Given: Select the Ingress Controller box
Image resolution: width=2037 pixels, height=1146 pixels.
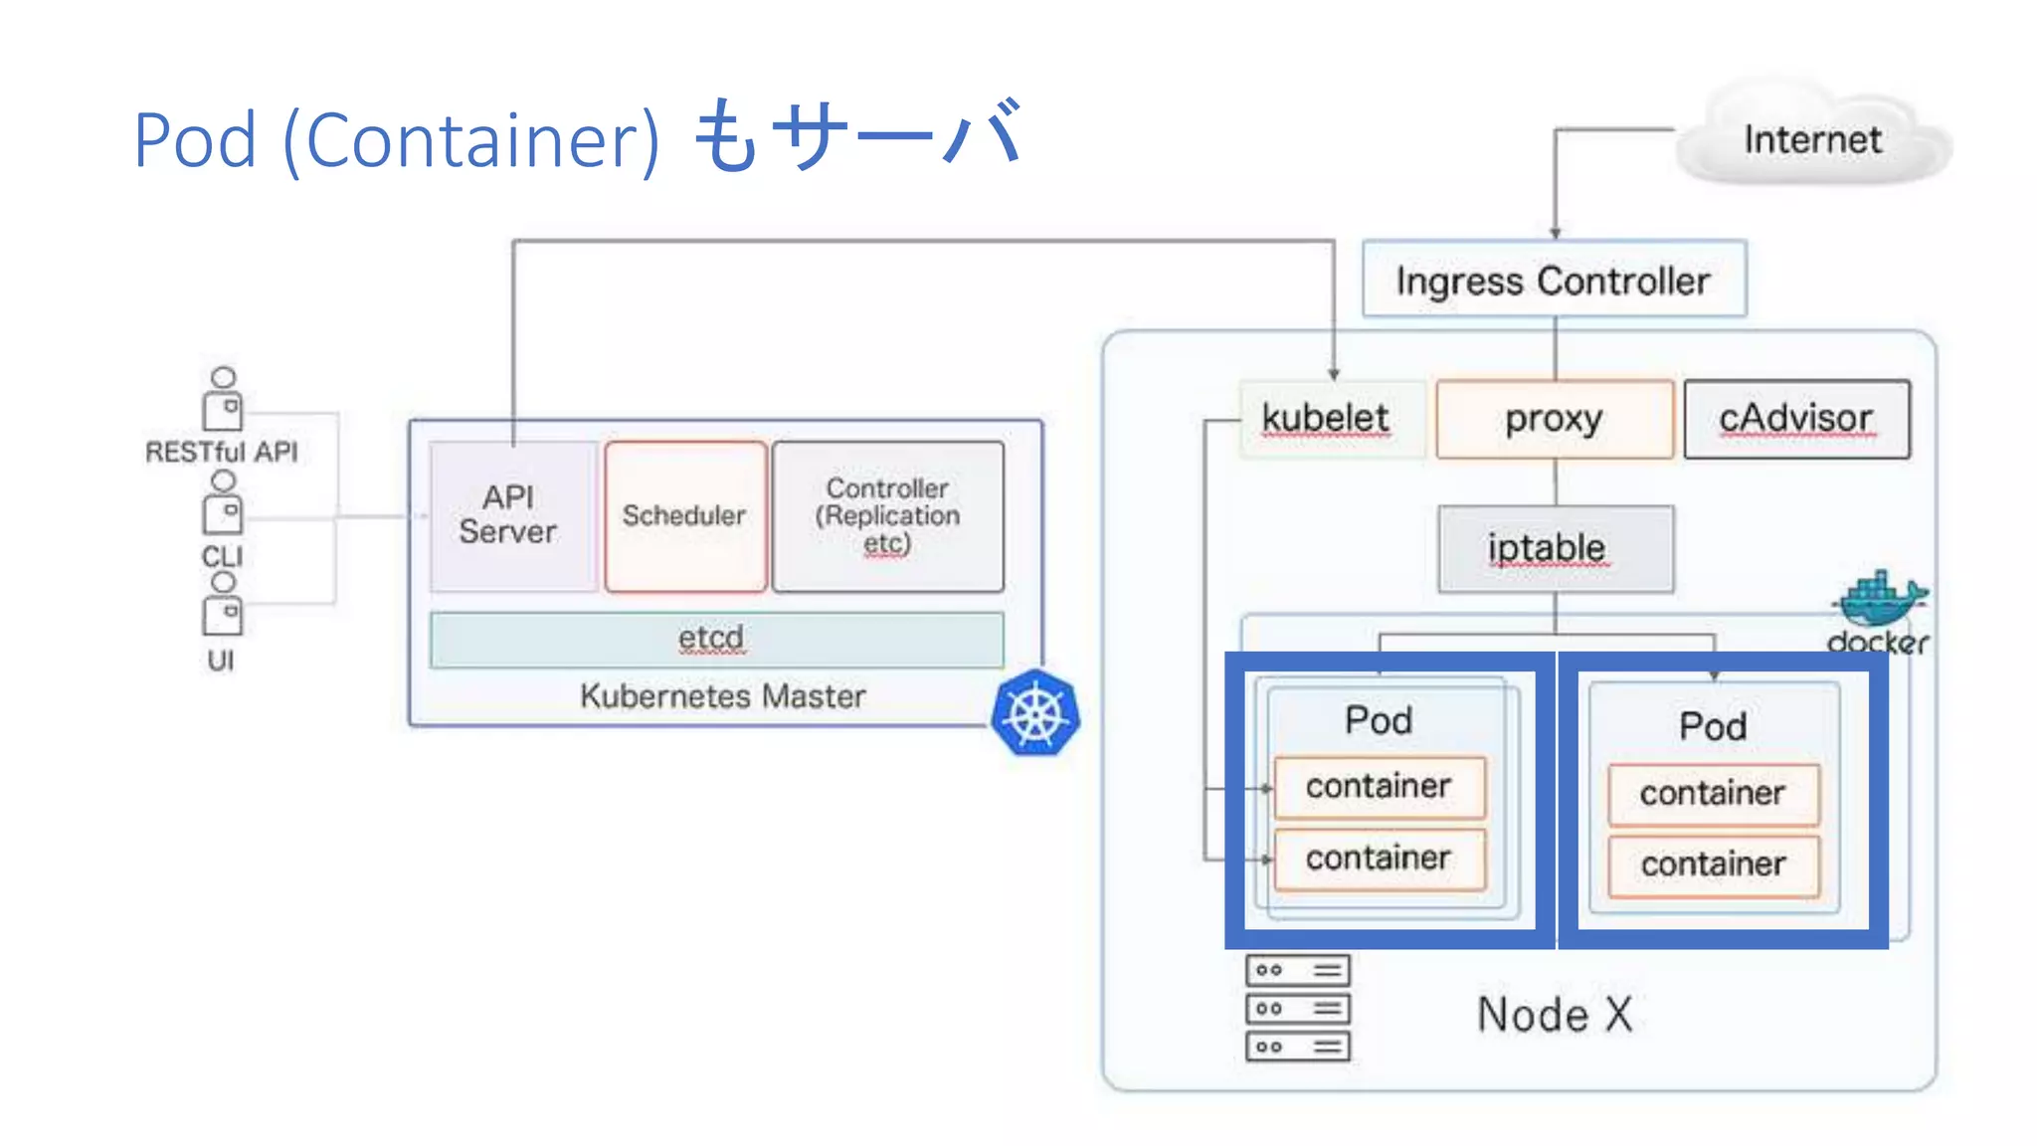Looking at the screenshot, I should (1553, 281).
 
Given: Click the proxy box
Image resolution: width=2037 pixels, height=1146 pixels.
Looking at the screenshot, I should (1554, 419).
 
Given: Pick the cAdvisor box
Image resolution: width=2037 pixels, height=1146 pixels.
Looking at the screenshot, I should (1796, 419).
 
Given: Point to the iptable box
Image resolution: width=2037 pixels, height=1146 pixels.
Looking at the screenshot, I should (1555, 548).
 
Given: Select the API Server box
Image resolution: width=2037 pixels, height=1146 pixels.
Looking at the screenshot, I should (509, 515).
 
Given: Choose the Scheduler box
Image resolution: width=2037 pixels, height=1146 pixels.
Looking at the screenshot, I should (684, 515).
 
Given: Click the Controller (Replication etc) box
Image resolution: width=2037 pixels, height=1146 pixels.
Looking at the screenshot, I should (887, 515).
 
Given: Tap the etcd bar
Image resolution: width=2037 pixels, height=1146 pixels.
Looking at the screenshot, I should (715, 639).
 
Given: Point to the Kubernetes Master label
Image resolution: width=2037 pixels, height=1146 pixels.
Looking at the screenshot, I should (723, 696).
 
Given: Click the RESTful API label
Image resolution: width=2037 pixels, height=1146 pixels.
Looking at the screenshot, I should (222, 453).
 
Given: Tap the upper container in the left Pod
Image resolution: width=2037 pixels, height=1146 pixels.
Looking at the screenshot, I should (1379, 786).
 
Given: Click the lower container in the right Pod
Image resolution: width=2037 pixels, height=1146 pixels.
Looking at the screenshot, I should (1713, 864).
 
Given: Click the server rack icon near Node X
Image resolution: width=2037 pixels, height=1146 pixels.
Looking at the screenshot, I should (1297, 1008).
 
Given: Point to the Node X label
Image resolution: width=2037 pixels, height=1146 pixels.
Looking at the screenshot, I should (1555, 1015).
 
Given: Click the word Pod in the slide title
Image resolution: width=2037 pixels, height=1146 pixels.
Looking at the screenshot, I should (196, 140).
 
